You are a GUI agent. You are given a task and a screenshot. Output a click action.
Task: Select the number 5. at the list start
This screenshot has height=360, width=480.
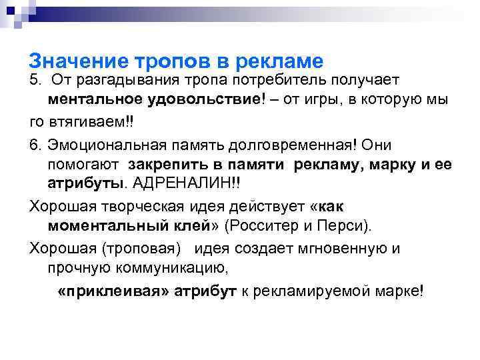click(35, 81)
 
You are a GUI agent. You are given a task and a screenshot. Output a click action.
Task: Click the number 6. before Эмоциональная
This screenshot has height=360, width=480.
click(35, 145)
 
